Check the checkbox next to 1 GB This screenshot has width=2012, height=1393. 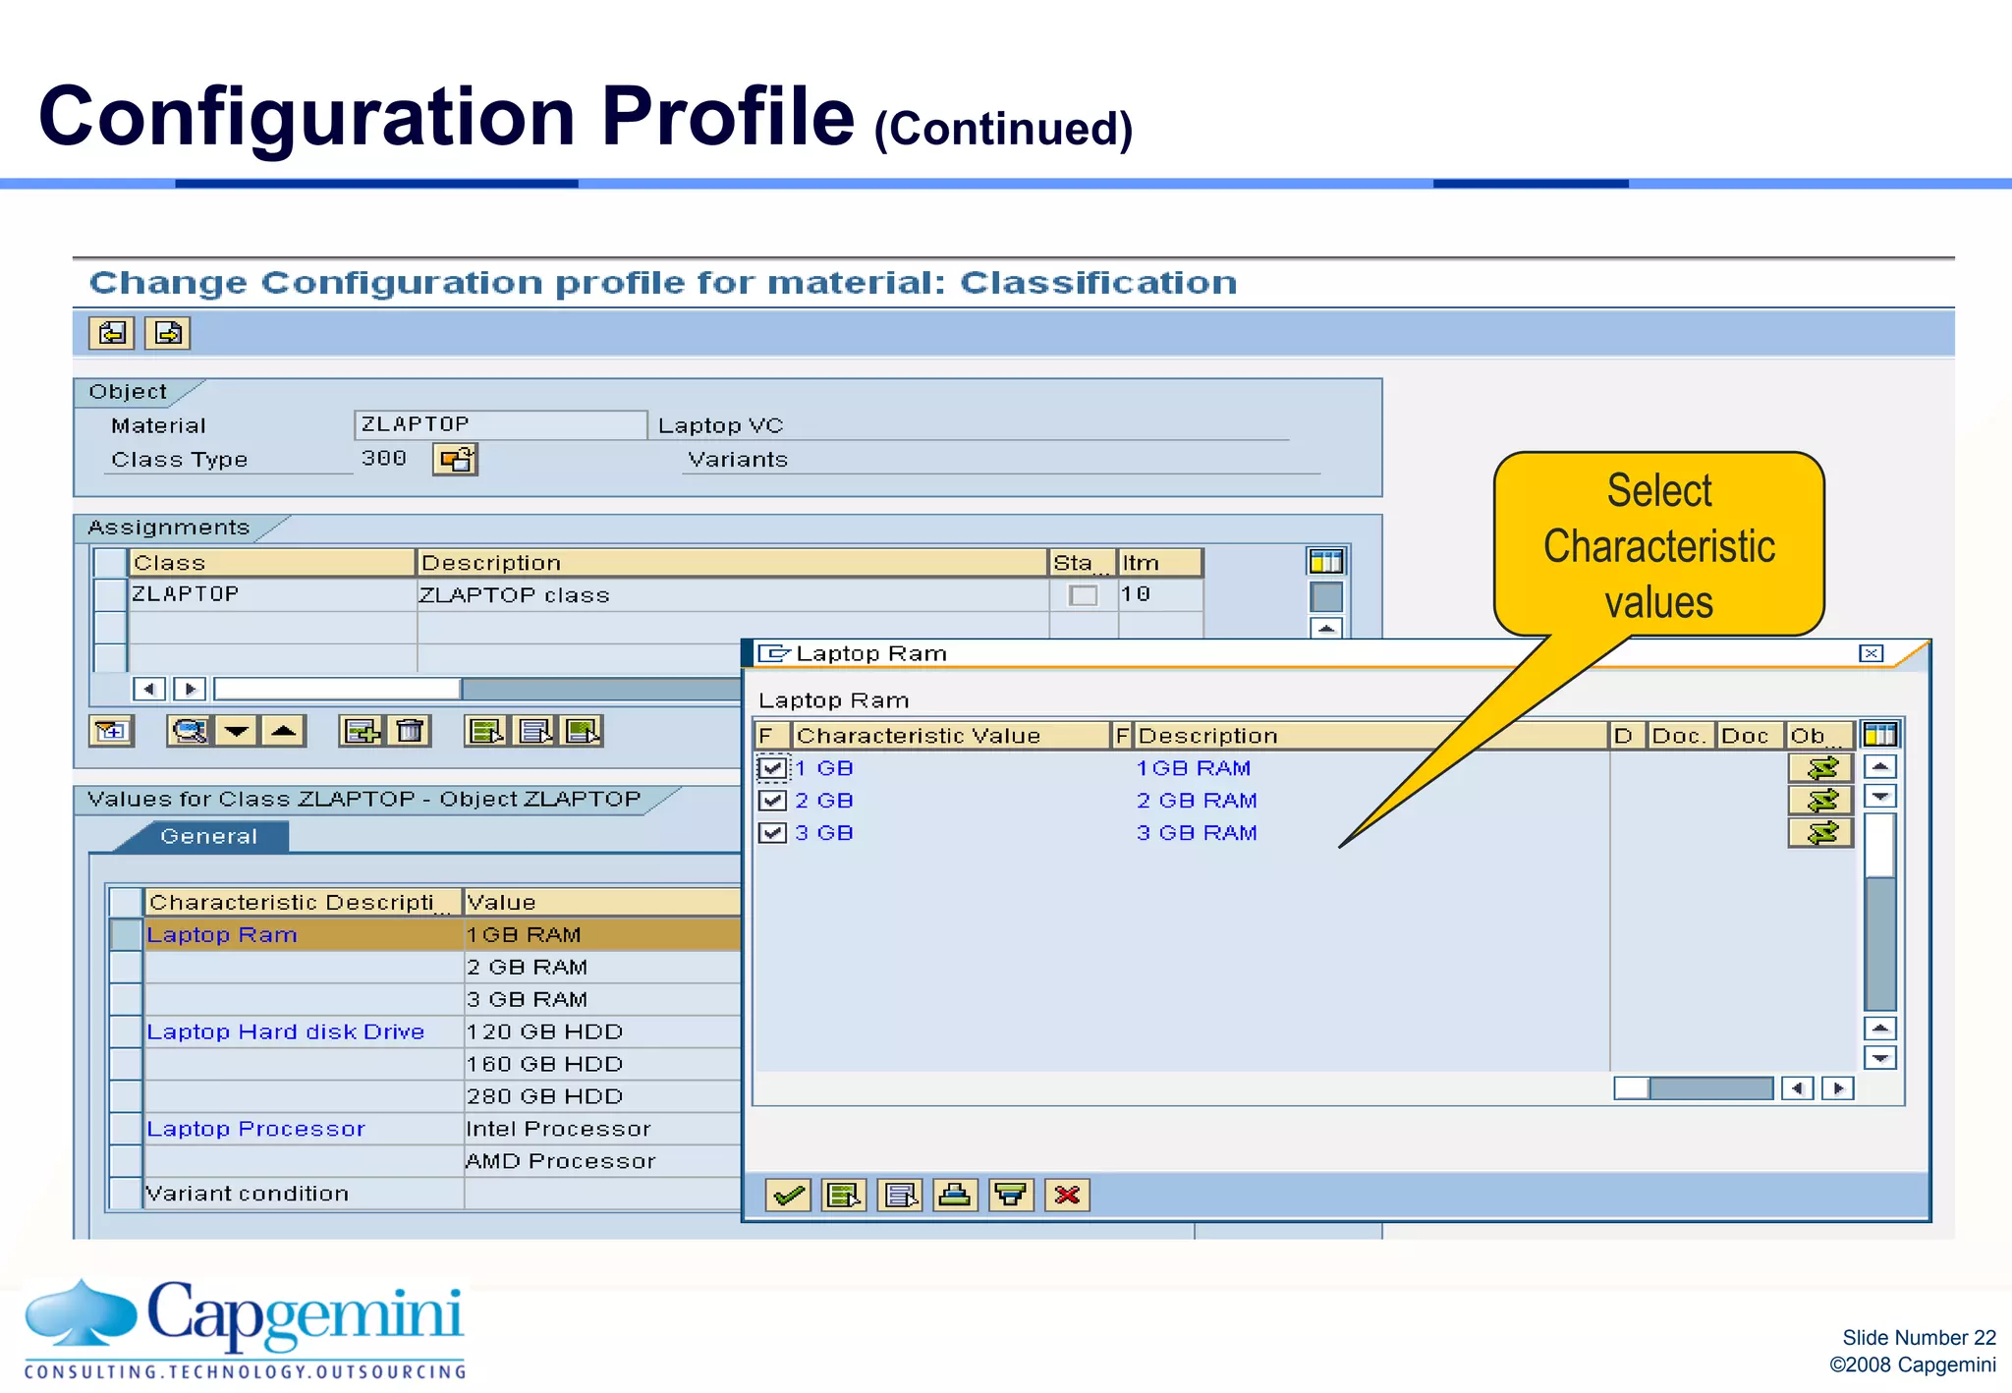pos(772,768)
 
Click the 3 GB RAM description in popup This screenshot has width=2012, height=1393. pos(1196,833)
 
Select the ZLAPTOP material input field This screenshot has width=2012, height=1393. pos(499,424)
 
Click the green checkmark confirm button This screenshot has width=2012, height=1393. pos(788,1195)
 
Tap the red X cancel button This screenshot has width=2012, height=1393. pos(1067,1195)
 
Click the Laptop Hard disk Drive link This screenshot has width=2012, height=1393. pos(285,1031)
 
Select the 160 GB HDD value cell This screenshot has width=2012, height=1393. pos(544,1064)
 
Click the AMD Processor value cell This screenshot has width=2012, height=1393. pos(560,1161)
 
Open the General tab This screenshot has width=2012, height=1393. pos(208,836)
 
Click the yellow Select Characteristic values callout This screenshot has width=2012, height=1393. pos(1658,545)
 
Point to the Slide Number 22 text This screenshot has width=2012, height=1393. pos(1918,1337)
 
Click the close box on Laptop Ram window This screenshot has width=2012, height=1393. pos(1871,653)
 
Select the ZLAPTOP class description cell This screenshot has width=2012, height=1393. pos(515,595)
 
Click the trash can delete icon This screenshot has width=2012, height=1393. pos(410,731)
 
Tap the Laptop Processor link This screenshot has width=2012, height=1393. pos(255,1129)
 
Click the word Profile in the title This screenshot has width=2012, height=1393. pos(727,116)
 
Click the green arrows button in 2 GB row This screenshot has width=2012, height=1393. pos(1820,801)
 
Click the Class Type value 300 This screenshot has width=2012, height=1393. pos(383,458)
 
